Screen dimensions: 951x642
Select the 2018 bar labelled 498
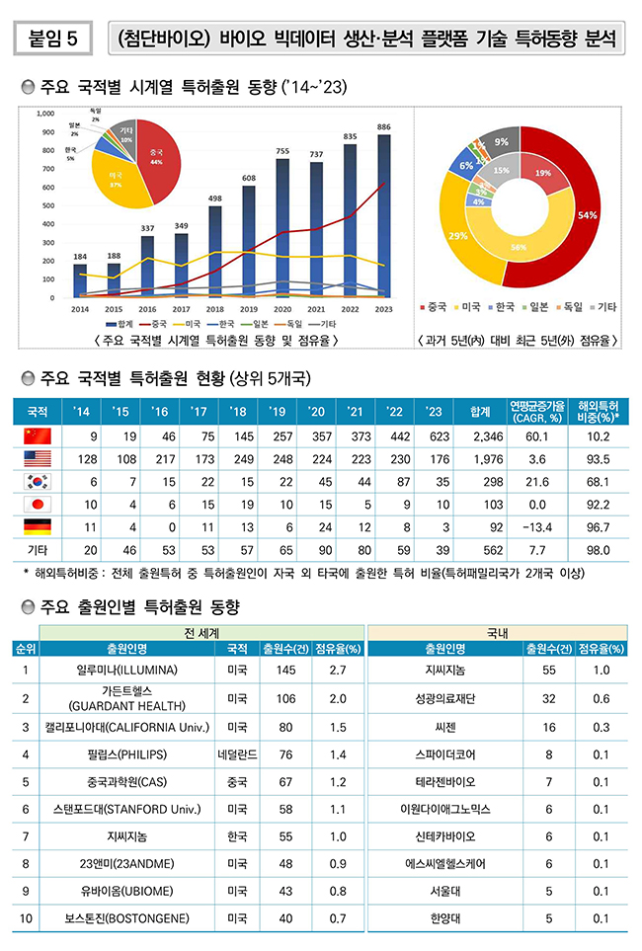[215, 251]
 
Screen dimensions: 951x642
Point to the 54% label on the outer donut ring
[587, 214]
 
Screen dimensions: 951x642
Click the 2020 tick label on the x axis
[281, 310]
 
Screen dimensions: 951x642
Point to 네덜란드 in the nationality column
[236, 753]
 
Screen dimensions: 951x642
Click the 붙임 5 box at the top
[54, 39]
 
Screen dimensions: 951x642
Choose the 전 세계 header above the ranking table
[201, 632]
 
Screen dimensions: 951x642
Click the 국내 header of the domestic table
[498, 632]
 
